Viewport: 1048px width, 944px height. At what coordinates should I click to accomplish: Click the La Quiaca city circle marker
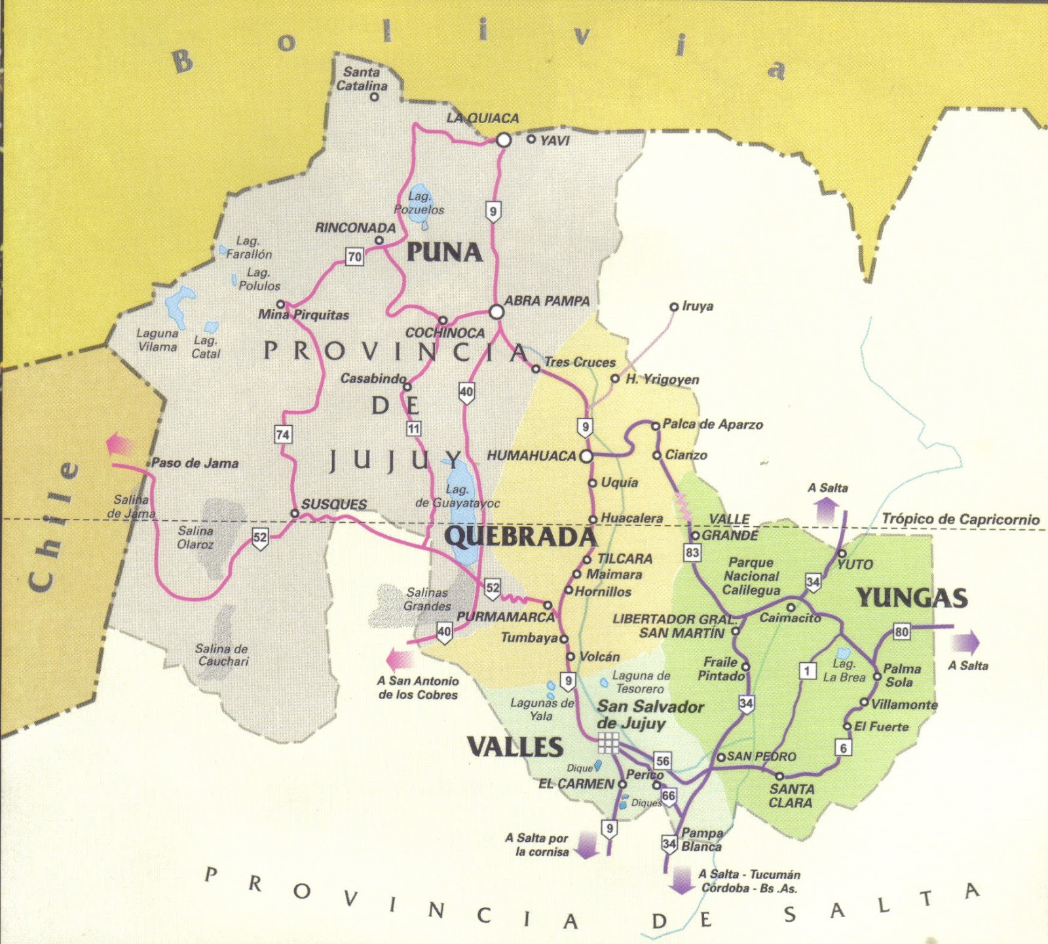pos(503,140)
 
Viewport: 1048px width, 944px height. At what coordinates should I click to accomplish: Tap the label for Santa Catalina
pos(362,79)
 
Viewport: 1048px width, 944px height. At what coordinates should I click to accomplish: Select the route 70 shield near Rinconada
pos(354,256)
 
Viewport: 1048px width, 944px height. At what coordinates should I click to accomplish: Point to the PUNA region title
pos(445,252)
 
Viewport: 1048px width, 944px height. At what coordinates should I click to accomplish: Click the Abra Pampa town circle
pos(496,311)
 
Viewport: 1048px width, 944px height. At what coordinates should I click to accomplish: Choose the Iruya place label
pos(697,306)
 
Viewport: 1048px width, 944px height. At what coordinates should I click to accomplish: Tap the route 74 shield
pos(283,434)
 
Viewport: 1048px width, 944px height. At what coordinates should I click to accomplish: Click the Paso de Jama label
pos(195,463)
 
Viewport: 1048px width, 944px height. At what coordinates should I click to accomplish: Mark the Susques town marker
pos(295,514)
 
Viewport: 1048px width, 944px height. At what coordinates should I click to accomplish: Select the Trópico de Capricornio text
pos(960,519)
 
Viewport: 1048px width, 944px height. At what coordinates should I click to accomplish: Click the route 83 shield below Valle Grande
pos(692,552)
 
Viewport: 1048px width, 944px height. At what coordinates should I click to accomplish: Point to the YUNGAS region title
pos(911,597)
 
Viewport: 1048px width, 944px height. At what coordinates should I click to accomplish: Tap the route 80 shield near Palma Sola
pos(902,632)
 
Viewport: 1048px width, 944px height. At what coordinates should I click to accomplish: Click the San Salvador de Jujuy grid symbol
pos(608,743)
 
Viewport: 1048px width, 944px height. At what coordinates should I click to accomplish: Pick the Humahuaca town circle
pos(586,456)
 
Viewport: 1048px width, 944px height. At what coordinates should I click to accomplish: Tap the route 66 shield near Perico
pos(667,796)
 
